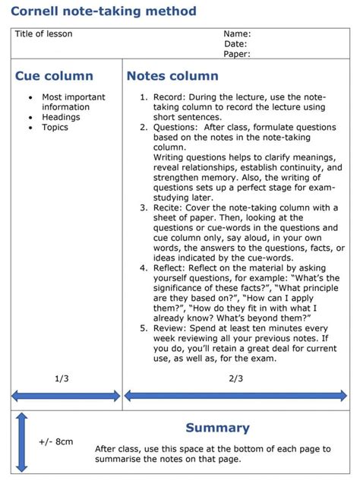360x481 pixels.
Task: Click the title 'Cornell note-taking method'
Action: point(103,11)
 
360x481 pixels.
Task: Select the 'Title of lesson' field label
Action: point(44,34)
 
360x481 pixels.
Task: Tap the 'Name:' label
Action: point(237,34)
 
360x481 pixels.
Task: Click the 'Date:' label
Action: point(235,44)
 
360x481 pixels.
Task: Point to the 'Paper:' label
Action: point(237,54)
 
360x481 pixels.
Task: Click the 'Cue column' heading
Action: point(54,76)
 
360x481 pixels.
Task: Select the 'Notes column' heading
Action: point(172,76)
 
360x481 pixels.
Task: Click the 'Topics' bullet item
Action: point(55,127)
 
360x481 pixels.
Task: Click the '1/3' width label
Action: point(62,378)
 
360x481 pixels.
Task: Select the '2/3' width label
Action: point(236,378)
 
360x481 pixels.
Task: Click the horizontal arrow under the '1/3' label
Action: point(65,395)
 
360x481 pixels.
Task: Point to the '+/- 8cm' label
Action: point(56,441)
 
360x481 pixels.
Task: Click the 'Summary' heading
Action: point(217,428)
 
